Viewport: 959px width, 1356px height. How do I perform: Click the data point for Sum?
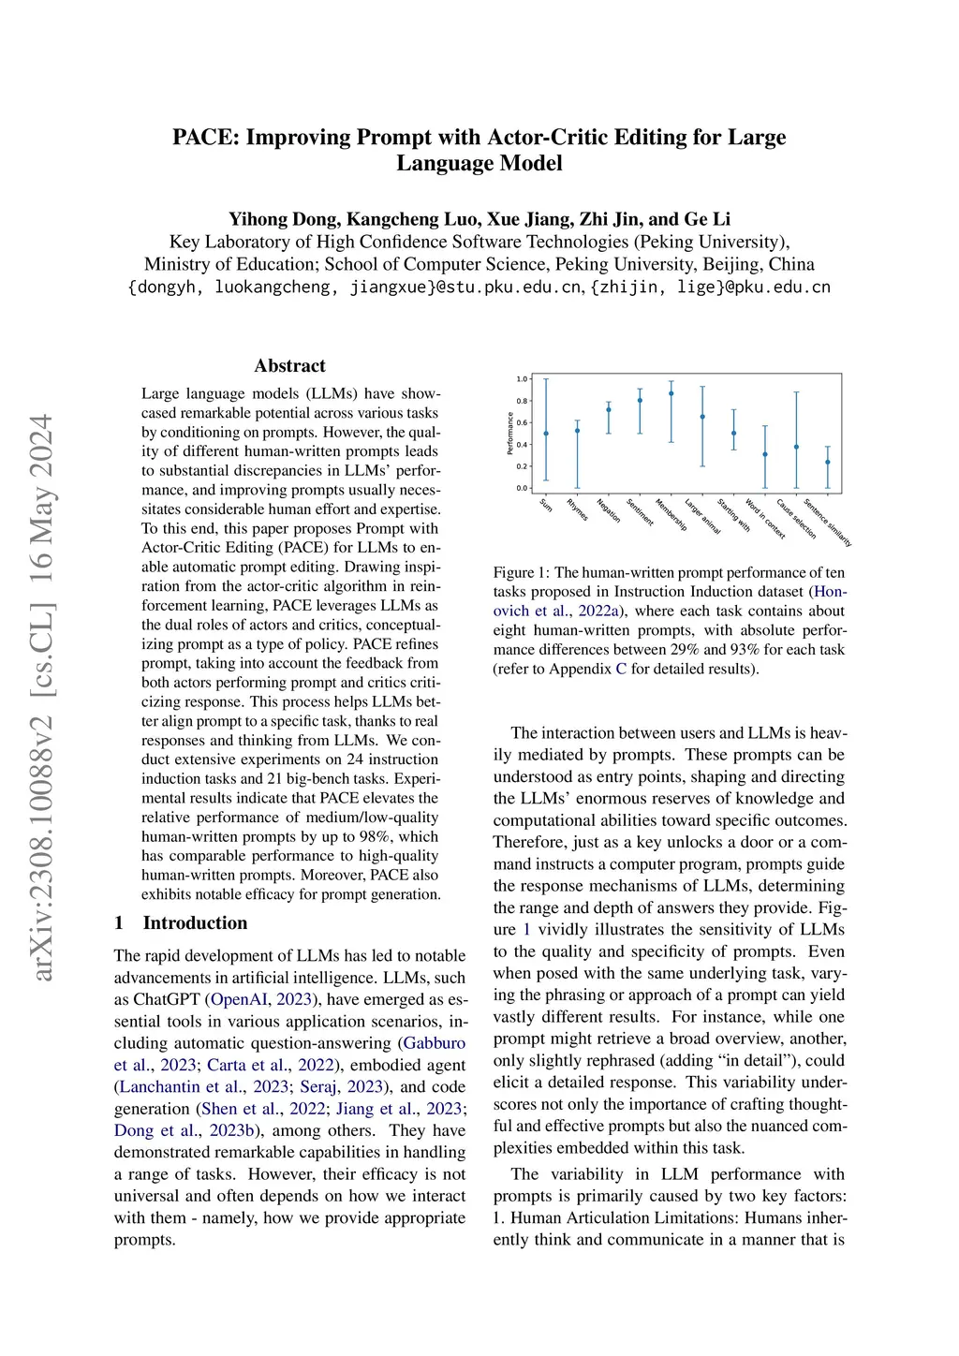546,434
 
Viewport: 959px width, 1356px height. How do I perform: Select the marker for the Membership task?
671,393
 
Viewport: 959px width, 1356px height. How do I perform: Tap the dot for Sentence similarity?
828,462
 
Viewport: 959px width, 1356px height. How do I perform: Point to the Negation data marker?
609,409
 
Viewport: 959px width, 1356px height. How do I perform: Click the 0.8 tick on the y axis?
522,401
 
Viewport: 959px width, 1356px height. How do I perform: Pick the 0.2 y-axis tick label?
522,466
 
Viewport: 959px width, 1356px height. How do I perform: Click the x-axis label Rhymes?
577,509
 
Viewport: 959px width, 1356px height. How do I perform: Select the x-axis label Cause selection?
796,519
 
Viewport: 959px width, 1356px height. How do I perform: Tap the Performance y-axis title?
510,434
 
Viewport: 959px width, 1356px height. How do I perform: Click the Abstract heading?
289,366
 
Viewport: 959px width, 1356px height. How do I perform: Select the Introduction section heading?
195,923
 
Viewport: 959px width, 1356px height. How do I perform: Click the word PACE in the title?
204,138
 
